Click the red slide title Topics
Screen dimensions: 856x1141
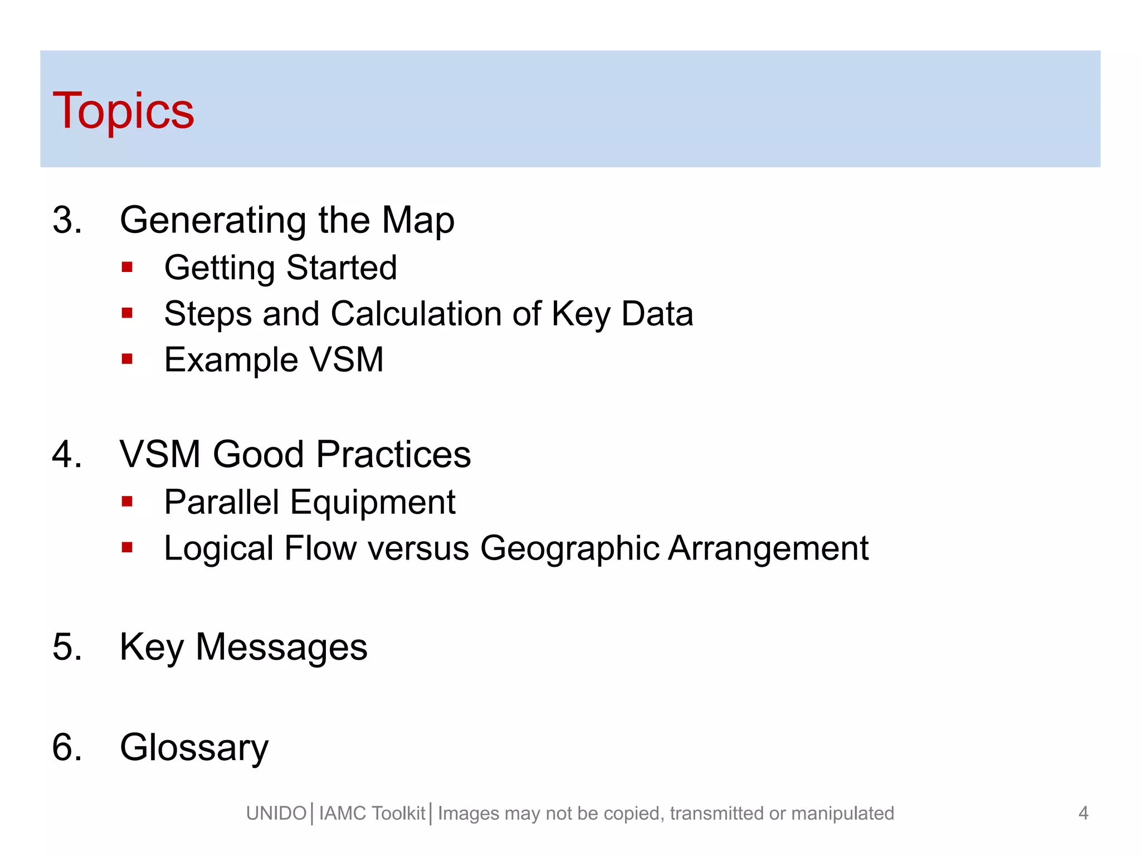(x=123, y=111)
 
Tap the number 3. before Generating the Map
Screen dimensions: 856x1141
(x=67, y=220)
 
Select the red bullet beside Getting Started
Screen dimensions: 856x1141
(x=127, y=267)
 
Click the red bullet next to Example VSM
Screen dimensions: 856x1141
(x=127, y=359)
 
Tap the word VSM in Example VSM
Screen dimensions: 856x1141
(x=347, y=360)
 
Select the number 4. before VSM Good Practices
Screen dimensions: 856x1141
(x=67, y=454)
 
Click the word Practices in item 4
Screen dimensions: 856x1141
(x=393, y=455)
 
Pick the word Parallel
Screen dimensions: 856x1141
(x=221, y=502)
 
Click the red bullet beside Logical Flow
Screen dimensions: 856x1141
(x=127, y=548)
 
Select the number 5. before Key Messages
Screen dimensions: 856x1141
(x=67, y=647)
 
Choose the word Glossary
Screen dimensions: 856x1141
(x=194, y=748)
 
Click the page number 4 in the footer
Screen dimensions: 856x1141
(x=1083, y=813)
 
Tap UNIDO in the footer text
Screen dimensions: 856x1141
(x=276, y=814)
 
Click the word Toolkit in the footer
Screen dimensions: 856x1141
(x=398, y=814)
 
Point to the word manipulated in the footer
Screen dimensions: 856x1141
(x=842, y=814)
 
